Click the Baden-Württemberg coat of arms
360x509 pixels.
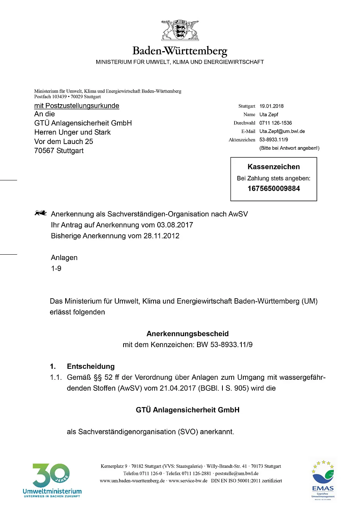180,30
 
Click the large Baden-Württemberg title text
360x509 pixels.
180,51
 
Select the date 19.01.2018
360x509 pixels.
271,106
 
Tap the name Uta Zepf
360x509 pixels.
269,114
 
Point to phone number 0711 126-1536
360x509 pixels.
275,123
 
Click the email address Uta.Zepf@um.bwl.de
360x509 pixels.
282,131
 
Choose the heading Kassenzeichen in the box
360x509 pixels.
274,167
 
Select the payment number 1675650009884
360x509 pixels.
274,188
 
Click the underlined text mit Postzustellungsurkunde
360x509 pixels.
77,106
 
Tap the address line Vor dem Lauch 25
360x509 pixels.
64,141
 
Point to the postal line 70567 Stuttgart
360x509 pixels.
59,150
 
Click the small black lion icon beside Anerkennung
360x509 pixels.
41,213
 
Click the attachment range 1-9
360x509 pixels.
56,268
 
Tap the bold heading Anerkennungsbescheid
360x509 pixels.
188,334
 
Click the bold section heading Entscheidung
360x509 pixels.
91,366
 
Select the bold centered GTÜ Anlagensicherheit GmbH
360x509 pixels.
188,410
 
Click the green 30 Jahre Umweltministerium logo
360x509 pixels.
52,480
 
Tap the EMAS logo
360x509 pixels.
323,480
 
